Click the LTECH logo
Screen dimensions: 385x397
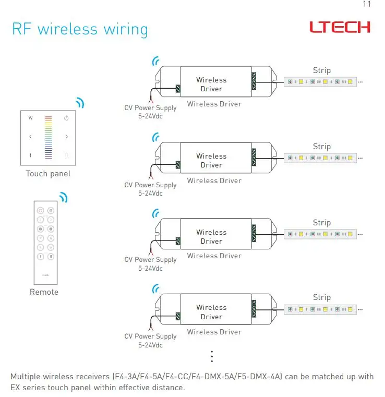(x=340, y=27)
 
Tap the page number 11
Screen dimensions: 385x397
(x=367, y=4)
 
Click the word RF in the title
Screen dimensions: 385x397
(x=22, y=29)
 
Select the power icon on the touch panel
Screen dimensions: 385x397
(x=66, y=118)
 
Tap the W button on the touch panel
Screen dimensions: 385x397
(x=31, y=118)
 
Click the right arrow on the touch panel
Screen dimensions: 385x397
(x=67, y=137)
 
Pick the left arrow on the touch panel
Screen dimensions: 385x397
(x=31, y=137)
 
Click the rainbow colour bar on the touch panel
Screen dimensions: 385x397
(x=49, y=137)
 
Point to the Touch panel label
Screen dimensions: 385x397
(x=48, y=174)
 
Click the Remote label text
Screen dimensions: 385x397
(x=44, y=292)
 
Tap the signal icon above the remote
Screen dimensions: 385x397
(x=64, y=198)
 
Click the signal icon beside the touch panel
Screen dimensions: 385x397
(x=80, y=103)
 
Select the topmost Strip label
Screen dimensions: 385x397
(x=322, y=70)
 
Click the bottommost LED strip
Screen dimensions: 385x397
(x=320, y=309)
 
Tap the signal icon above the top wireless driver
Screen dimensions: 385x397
(x=155, y=61)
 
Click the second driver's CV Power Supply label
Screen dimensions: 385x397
(x=150, y=185)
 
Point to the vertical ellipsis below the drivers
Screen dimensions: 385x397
(x=212, y=356)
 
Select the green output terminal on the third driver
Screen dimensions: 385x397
(x=254, y=233)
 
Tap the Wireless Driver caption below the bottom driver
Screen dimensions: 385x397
(x=214, y=332)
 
